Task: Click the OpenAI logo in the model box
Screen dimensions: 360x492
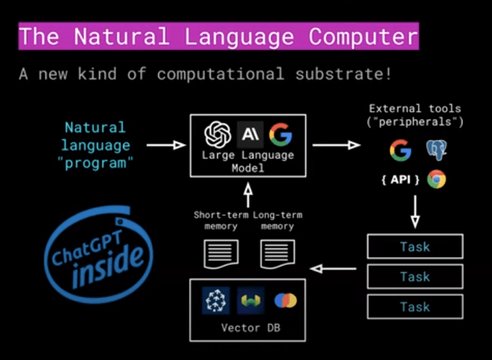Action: (x=217, y=134)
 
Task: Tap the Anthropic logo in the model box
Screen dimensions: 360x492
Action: (x=248, y=134)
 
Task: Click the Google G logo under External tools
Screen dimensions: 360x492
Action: (x=400, y=150)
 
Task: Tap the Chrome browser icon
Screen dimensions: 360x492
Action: (x=437, y=179)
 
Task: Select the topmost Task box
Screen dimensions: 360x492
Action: (x=414, y=247)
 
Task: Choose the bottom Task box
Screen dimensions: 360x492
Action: (x=414, y=306)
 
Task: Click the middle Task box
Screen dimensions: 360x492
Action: (x=414, y=276)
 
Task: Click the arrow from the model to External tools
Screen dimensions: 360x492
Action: (x=337, y=145)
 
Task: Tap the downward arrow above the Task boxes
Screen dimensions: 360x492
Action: (x=415, y=213)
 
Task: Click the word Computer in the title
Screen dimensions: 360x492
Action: (x=363, y=36)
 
